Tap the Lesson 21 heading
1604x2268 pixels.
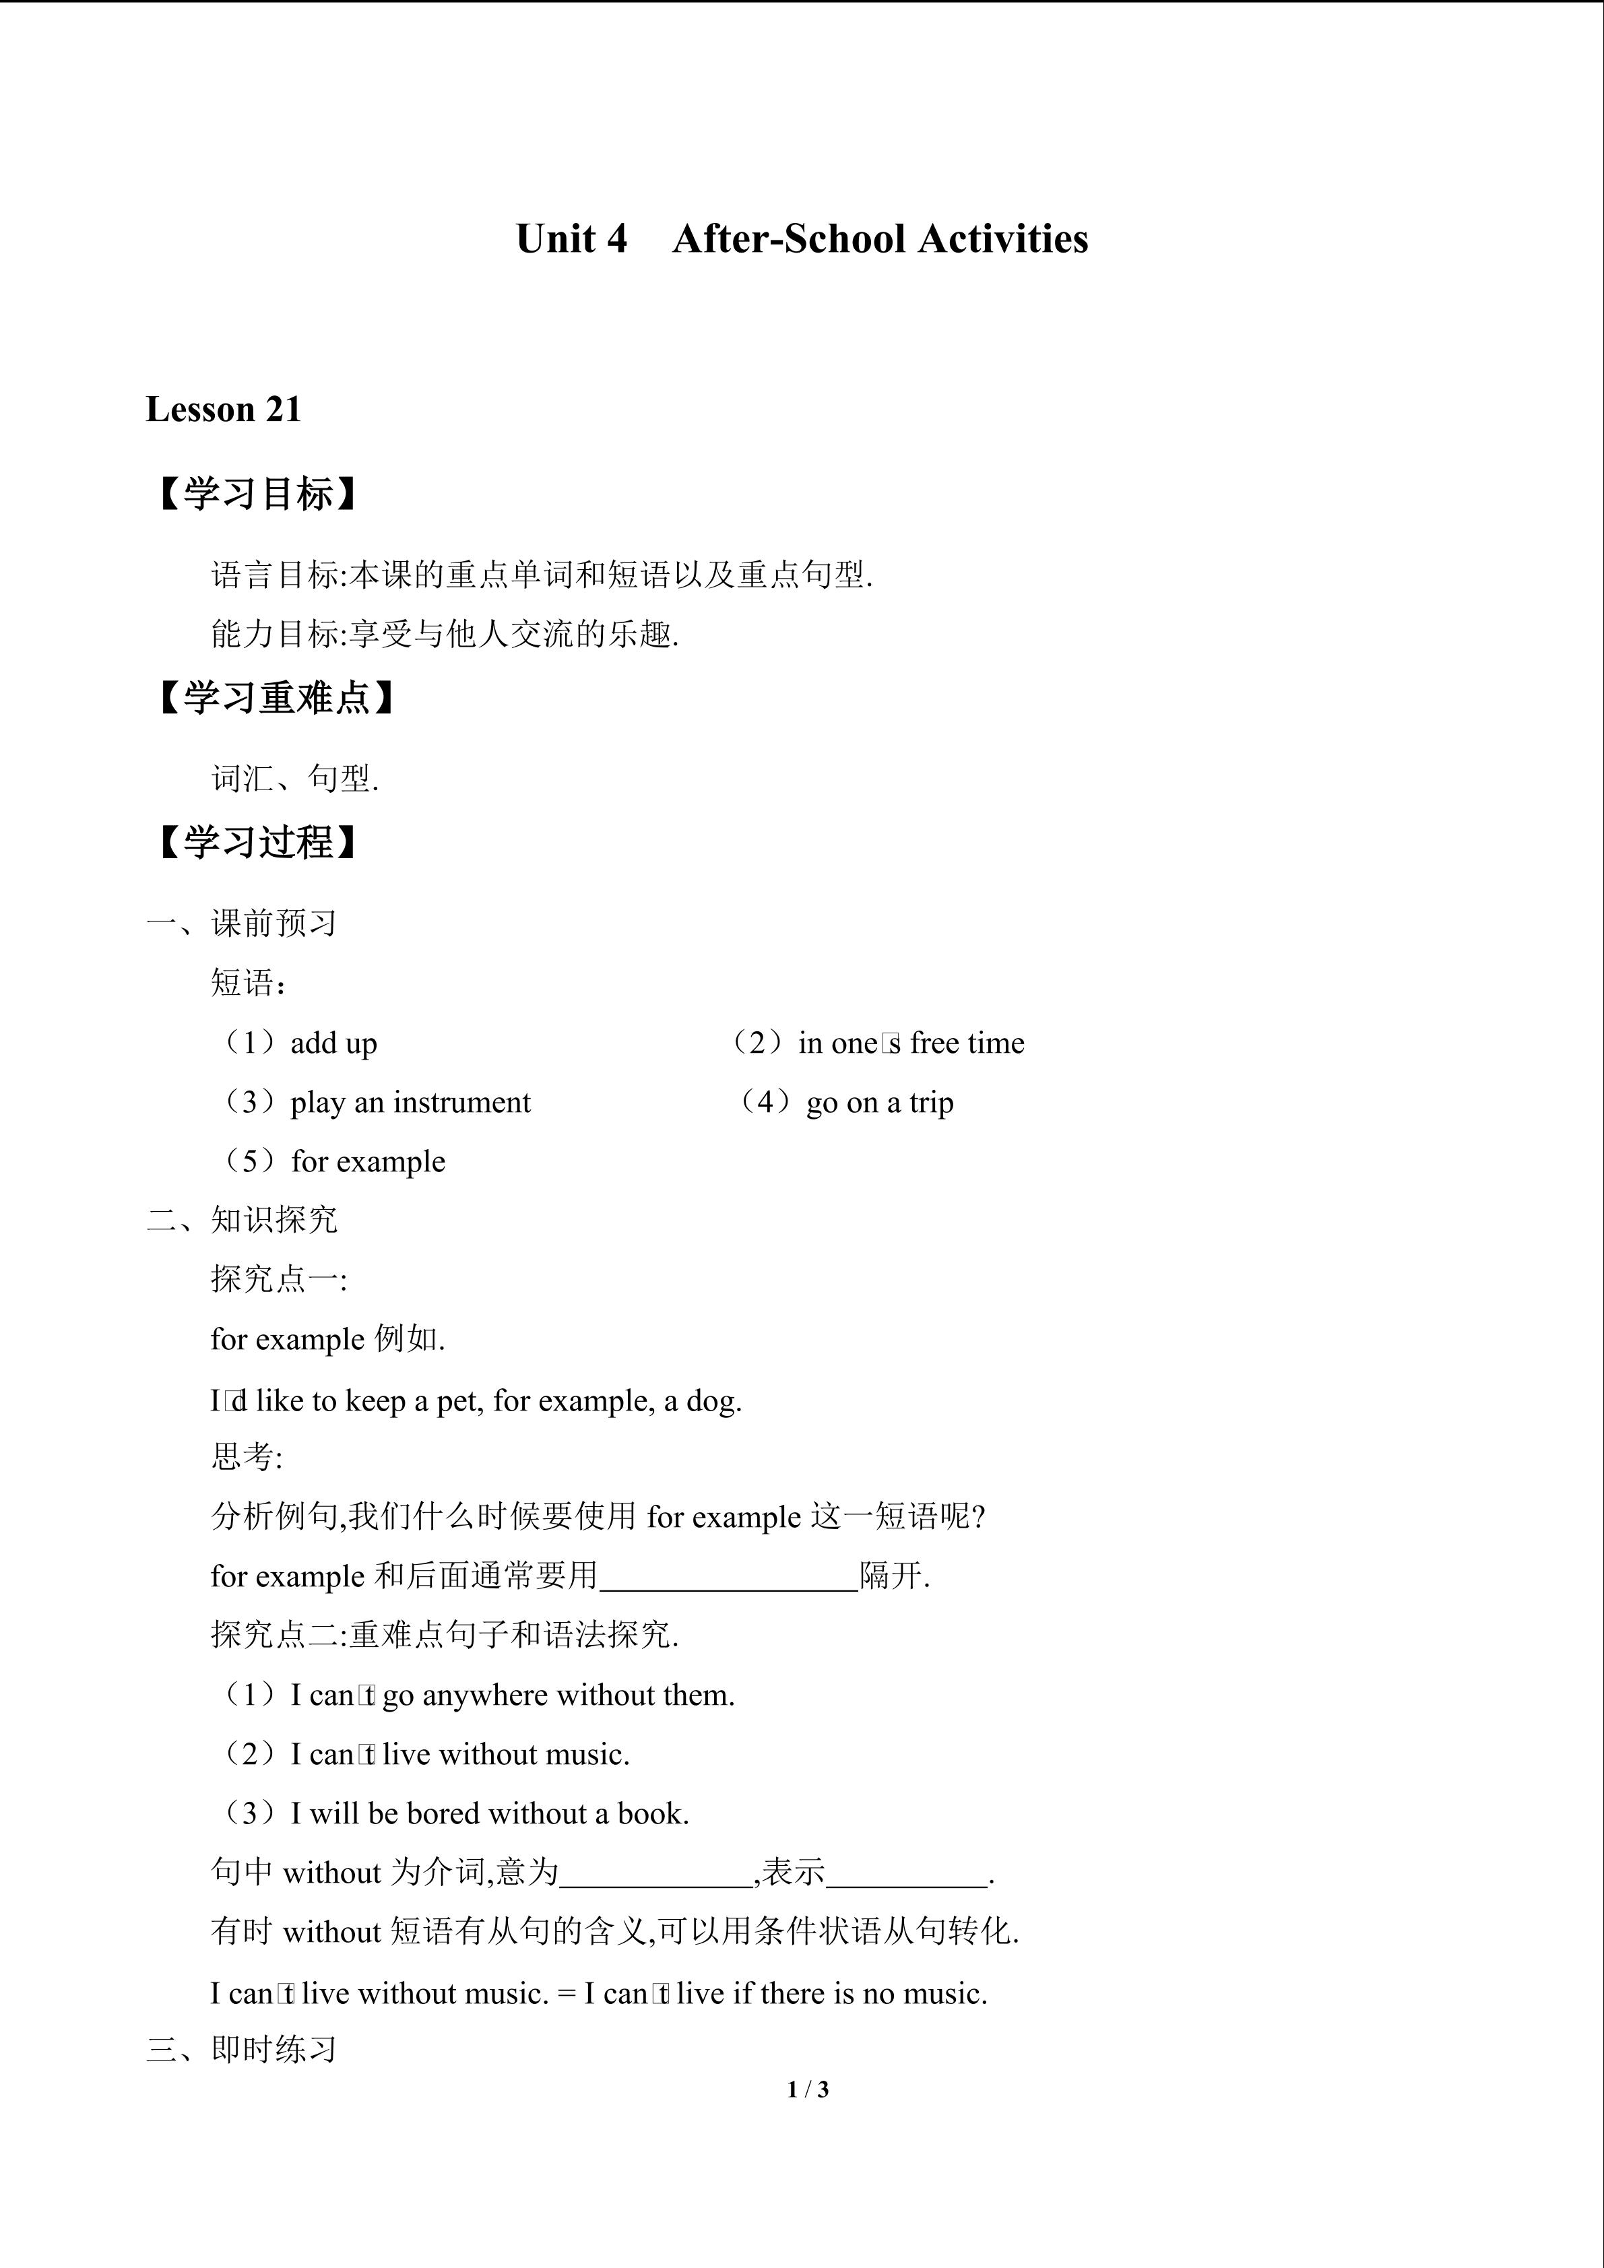tap(223, 409)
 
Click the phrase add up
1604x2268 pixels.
tap(334, 1043)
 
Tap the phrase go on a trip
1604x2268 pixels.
tap(880, 1103)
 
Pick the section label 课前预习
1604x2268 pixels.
tap(275, 924)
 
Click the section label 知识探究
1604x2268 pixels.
tap(275, 1220)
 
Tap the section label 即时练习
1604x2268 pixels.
tap(275, 2050)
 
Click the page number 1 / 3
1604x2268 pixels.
tap(808, 2089)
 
